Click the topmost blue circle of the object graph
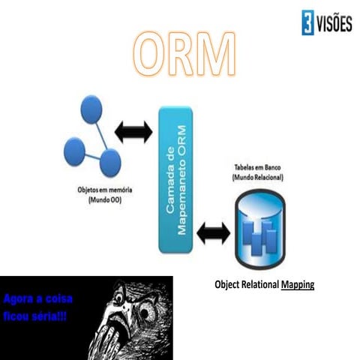tap(92, 106)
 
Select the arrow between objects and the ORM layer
tap(136, 134)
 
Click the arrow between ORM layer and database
tap(213, 234)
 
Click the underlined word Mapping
tap(298, 285)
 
